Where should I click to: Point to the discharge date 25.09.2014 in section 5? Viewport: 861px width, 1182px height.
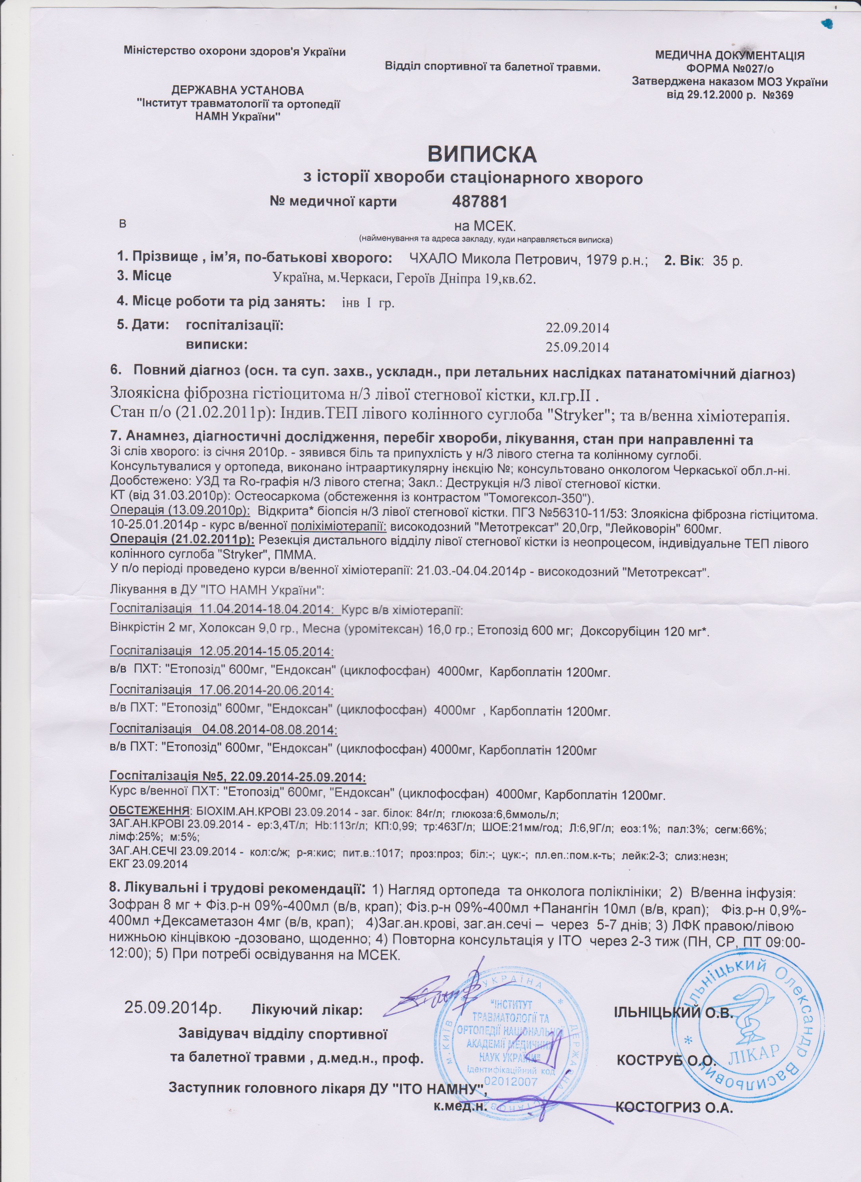(x=577, y=347)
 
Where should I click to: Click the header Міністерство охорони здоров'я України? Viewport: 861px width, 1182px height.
(x=235, y=51)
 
